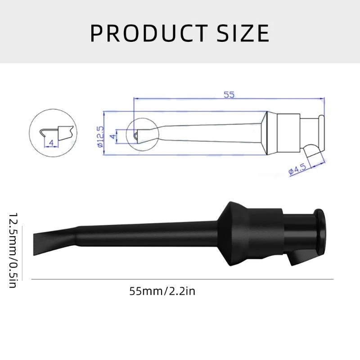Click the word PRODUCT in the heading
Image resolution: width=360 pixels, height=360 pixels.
click(144, 33)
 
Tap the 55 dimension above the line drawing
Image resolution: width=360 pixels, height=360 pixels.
click(229, 95)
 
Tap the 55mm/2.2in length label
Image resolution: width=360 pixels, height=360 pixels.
click(162, 291)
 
